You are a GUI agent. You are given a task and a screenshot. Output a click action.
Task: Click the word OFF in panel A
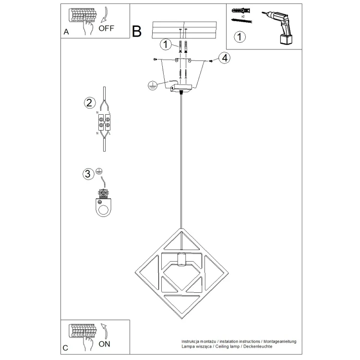tap(106, 28)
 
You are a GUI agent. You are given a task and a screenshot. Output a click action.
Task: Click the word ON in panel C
tap(105, 344)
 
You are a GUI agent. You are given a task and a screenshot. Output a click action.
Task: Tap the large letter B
tap(137, 31)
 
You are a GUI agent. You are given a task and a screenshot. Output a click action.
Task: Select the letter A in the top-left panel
tap(66, 32)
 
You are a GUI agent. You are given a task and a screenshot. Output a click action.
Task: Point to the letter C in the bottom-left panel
tap(65, 348)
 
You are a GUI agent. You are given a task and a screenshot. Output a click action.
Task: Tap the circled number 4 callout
tap(224, 58)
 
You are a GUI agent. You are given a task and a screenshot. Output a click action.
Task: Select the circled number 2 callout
tap(90, 103)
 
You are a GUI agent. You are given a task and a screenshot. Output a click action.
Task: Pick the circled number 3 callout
tap(88, 174)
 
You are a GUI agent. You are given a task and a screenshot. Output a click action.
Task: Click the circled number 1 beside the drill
tap(240, 37)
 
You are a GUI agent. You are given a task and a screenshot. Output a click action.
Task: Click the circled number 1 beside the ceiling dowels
tap(166, 44)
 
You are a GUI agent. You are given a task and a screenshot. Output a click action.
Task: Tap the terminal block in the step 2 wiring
tap(104, 122)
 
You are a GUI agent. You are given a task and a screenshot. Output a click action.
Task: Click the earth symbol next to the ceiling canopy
tap(153, 85)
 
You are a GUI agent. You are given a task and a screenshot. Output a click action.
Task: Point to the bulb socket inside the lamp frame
tap(181, 259)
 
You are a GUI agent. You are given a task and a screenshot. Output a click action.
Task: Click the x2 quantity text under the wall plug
tap(243, 16)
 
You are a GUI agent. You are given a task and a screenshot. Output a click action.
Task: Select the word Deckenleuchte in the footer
tap(258, 346)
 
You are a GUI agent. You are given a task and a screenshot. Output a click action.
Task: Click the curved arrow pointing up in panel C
tap(105, 331)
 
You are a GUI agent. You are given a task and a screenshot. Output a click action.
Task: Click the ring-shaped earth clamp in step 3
tap(104, 207)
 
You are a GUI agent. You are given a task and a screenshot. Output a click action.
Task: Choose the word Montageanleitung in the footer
tap(280, 342)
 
